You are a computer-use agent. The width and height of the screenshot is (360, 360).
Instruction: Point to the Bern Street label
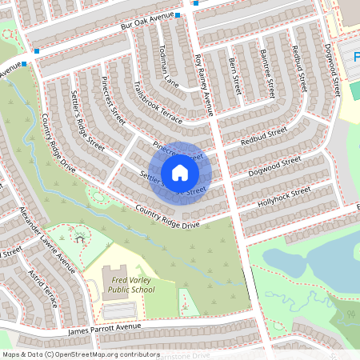coord(235,70)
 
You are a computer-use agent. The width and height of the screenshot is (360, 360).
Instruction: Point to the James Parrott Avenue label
coord(105,328)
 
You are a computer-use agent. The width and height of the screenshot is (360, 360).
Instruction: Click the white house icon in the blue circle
coord(180,172)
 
